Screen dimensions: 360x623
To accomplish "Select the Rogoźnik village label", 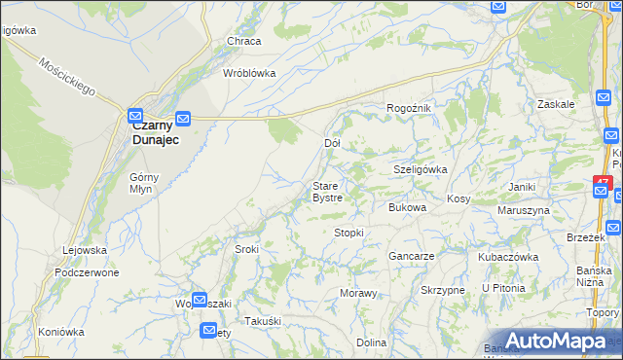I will (x=409, y=108).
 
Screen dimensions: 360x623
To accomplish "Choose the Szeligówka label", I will (x=420, y=168).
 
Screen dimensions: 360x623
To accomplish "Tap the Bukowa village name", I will (x=408, y=207).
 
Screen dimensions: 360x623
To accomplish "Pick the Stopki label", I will (x=348, y=233).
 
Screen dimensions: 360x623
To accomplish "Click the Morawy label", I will (x=357, y=293).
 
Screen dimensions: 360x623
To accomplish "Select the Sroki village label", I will (x=246, y=249).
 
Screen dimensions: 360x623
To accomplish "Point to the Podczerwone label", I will (x=88, y=272).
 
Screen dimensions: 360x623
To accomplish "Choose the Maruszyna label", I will (x=523, y=209).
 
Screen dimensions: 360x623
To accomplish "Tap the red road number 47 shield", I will (x=602, y=182).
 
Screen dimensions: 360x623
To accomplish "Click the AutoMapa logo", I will (x=555, y=341).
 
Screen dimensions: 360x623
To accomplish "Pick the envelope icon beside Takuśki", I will (x=209, y=331).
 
